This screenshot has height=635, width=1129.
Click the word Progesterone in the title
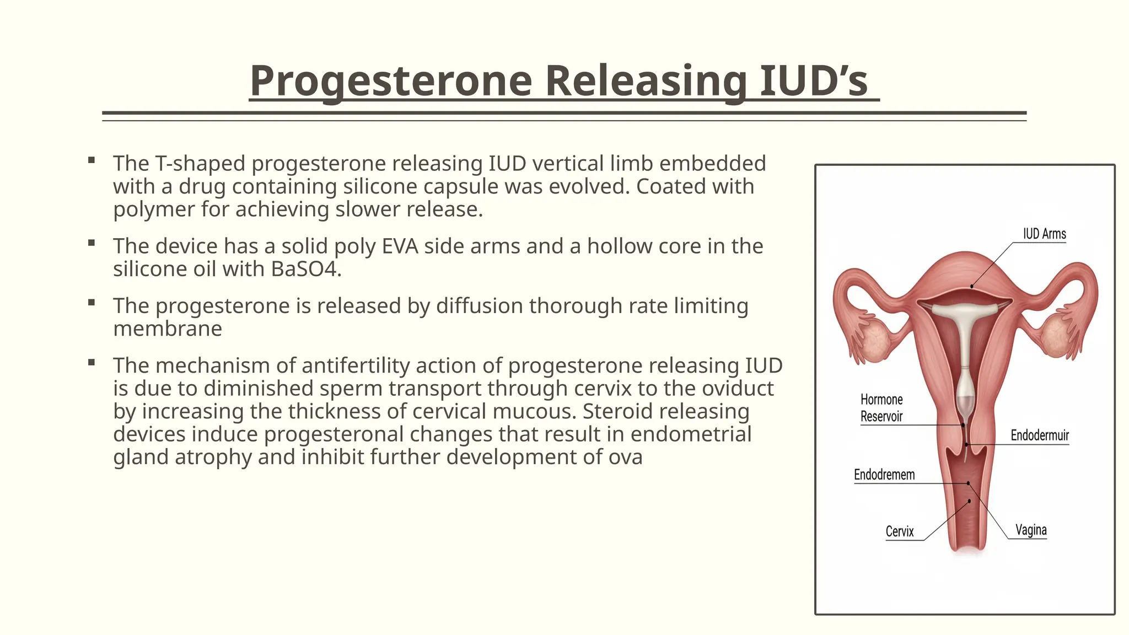click(390, 82)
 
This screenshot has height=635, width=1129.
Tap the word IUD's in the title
click(814, 82)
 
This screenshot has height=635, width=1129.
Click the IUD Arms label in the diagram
click(1044, 234)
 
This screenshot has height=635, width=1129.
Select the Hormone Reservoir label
click(881, 408)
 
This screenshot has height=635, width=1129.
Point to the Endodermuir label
click(1039, 435)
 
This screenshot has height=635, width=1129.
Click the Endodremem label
click(884, 475)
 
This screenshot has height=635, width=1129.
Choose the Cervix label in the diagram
click(899, 531)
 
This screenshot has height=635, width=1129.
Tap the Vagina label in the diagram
click(1031, 530)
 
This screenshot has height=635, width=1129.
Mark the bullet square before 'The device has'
click(92, 243)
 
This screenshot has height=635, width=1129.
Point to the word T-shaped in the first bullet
click(200, 164)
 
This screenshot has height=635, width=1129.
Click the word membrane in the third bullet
click(168, 329)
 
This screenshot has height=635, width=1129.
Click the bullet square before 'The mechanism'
click(92, 362)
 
